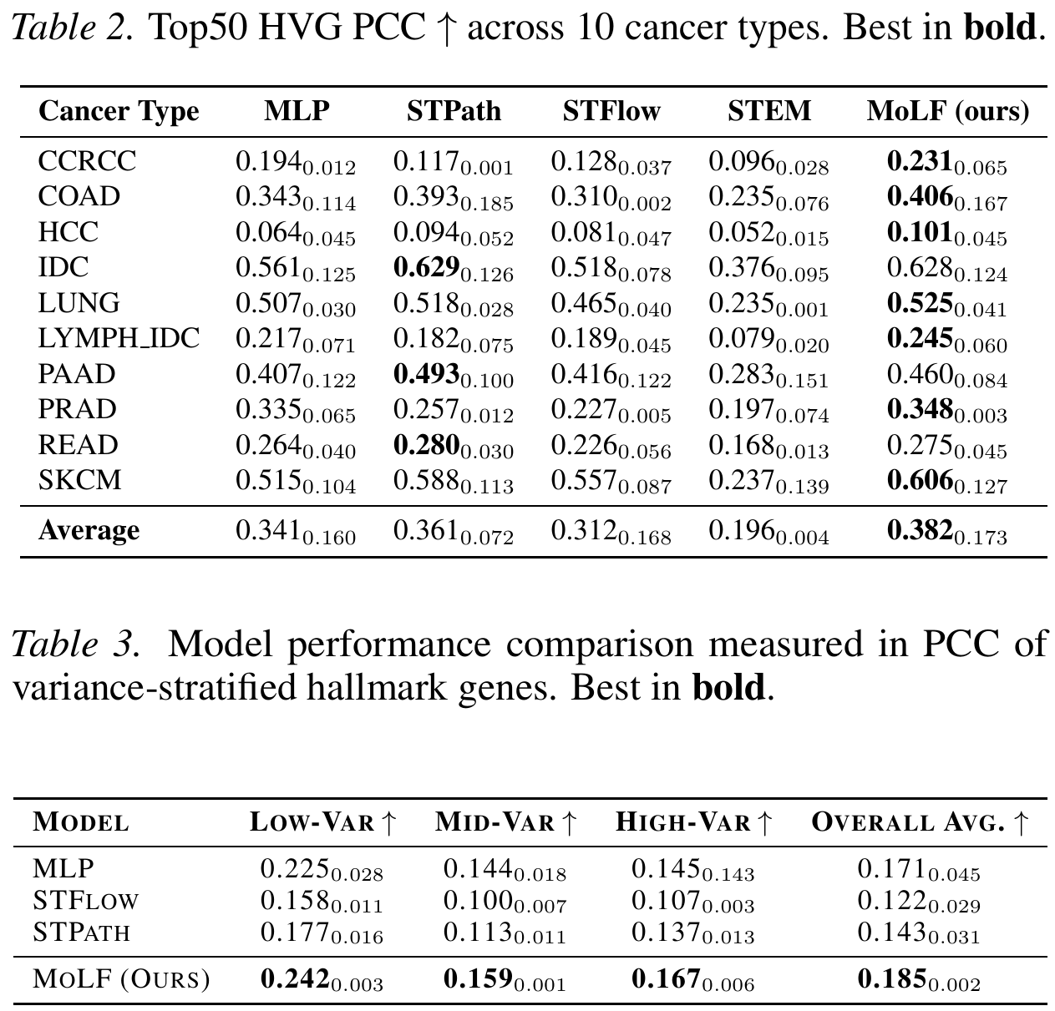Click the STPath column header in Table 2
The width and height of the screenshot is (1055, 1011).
point(454,111)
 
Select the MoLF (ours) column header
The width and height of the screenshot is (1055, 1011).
point(947,111)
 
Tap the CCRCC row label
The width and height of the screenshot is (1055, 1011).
point(87,161)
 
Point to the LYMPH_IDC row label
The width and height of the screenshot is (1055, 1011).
point(119,339)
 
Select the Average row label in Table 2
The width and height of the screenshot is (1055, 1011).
point(89,531)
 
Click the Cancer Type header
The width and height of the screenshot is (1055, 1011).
point(119,111)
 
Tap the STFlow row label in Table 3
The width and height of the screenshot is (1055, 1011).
point(85,902)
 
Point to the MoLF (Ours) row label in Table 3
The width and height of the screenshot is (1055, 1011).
point(121,979)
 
